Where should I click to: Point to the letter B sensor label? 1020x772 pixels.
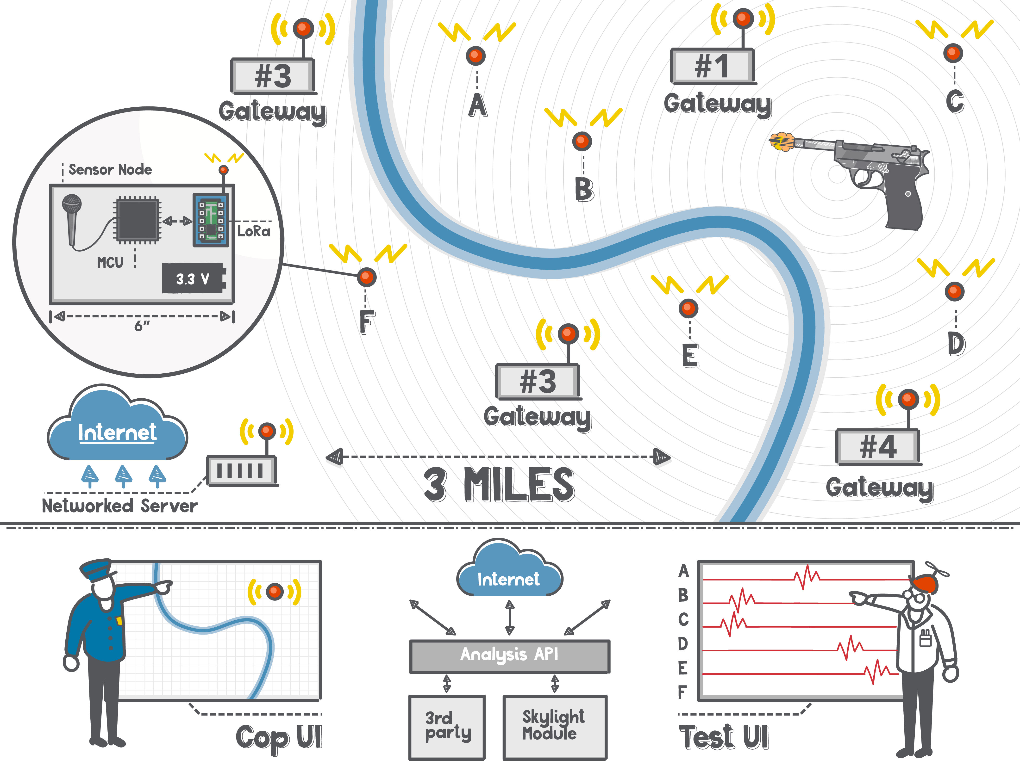584,189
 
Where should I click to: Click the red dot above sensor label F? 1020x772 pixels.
367,277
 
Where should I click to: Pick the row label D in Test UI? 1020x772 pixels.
683,643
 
